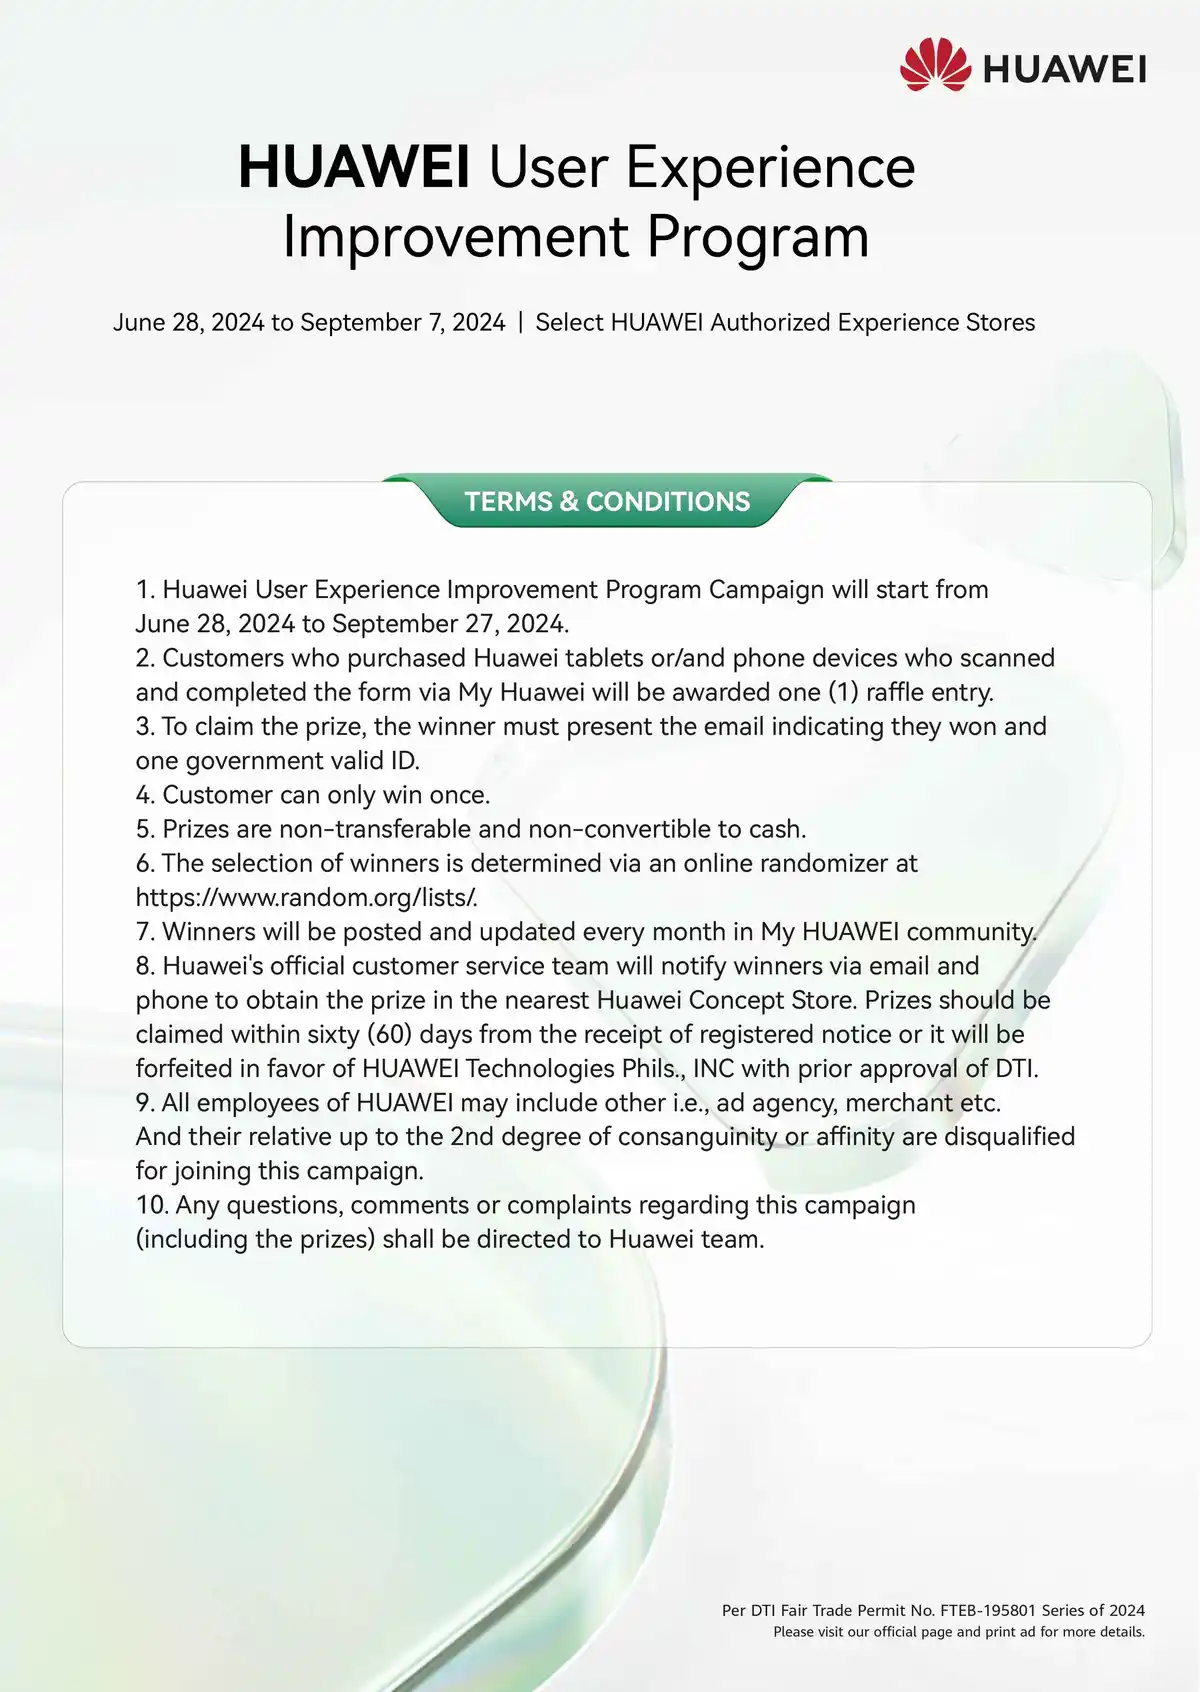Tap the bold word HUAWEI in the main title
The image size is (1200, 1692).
point(354,167)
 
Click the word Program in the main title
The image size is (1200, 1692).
point(757,237)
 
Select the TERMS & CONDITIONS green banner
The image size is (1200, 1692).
point(607,501)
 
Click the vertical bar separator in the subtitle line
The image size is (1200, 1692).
point(520,322)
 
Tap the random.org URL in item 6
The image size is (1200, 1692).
point(306,897)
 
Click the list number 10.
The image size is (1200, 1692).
point(151,1205)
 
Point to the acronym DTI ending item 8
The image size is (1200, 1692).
point(1015,1068)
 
